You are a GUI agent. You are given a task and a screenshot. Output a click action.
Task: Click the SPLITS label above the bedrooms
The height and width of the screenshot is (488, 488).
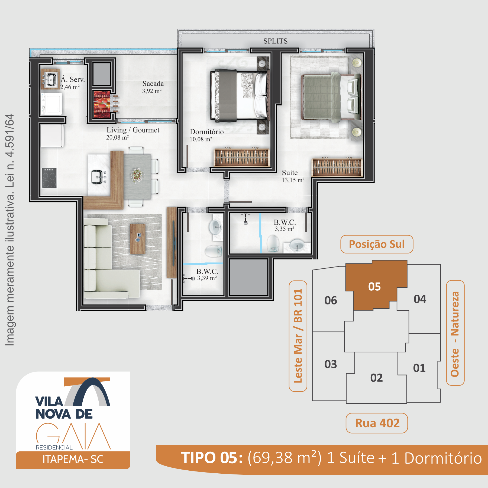[x=275, y=41]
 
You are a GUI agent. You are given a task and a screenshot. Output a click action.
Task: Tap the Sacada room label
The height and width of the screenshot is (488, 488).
[x=153, y=87]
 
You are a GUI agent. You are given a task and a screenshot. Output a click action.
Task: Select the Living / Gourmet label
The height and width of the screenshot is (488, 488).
[x=133, y=133]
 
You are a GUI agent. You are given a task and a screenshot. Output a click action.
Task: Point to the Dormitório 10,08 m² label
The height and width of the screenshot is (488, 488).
[x=206, y=135]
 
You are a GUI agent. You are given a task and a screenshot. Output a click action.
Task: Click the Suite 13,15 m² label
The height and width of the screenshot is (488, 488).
[x=293, y=176]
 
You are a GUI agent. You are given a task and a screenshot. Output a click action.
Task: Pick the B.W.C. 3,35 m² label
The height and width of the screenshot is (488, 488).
[x=285, y=225]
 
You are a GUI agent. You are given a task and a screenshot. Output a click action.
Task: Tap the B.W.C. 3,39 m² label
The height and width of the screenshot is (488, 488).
[x=207, y=274]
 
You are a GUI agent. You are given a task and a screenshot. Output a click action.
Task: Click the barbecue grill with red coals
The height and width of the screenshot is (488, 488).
[x=102, y=104]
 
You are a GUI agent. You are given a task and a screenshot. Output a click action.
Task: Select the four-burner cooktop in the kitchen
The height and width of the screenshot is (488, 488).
[x=49, y=178]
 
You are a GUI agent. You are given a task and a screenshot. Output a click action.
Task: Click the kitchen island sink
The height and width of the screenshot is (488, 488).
[x=97, y=177]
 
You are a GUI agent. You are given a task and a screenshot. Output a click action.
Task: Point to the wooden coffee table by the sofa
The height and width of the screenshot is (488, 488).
[x=138, y=239]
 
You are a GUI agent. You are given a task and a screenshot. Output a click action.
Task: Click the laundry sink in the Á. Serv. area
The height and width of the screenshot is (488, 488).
[x=50, y=79]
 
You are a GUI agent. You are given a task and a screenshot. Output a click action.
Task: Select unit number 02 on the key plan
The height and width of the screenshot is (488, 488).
[x=376, y=378]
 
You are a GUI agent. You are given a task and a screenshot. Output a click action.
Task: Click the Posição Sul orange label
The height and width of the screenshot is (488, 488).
[x=377, y=244]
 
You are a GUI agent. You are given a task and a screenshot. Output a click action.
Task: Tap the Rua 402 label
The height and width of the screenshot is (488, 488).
[x=377, y=423]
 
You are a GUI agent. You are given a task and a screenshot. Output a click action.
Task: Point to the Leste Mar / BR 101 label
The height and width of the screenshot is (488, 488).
[x=298, y=336]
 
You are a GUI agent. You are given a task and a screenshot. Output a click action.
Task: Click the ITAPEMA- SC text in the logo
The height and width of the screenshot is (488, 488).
[x=73, y=459]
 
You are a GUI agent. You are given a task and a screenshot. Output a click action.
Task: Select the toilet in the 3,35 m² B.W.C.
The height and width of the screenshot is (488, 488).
[x=273, y=243]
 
